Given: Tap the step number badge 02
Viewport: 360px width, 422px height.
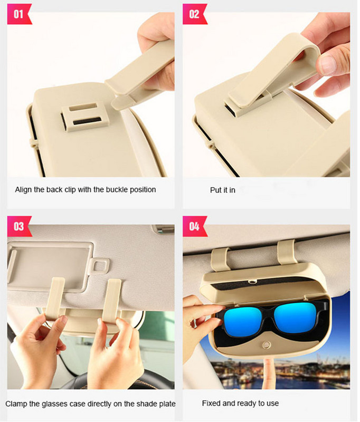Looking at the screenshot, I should [x=194, y=14].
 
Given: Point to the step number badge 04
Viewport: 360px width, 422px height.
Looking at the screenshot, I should [x=194, y=226].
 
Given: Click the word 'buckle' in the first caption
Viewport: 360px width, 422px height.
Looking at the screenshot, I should [x=111, y=189].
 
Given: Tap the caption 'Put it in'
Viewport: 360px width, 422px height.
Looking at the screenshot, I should [x=222, y=190].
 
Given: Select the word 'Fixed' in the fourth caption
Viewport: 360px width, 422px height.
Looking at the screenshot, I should [x=212, y=404].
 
